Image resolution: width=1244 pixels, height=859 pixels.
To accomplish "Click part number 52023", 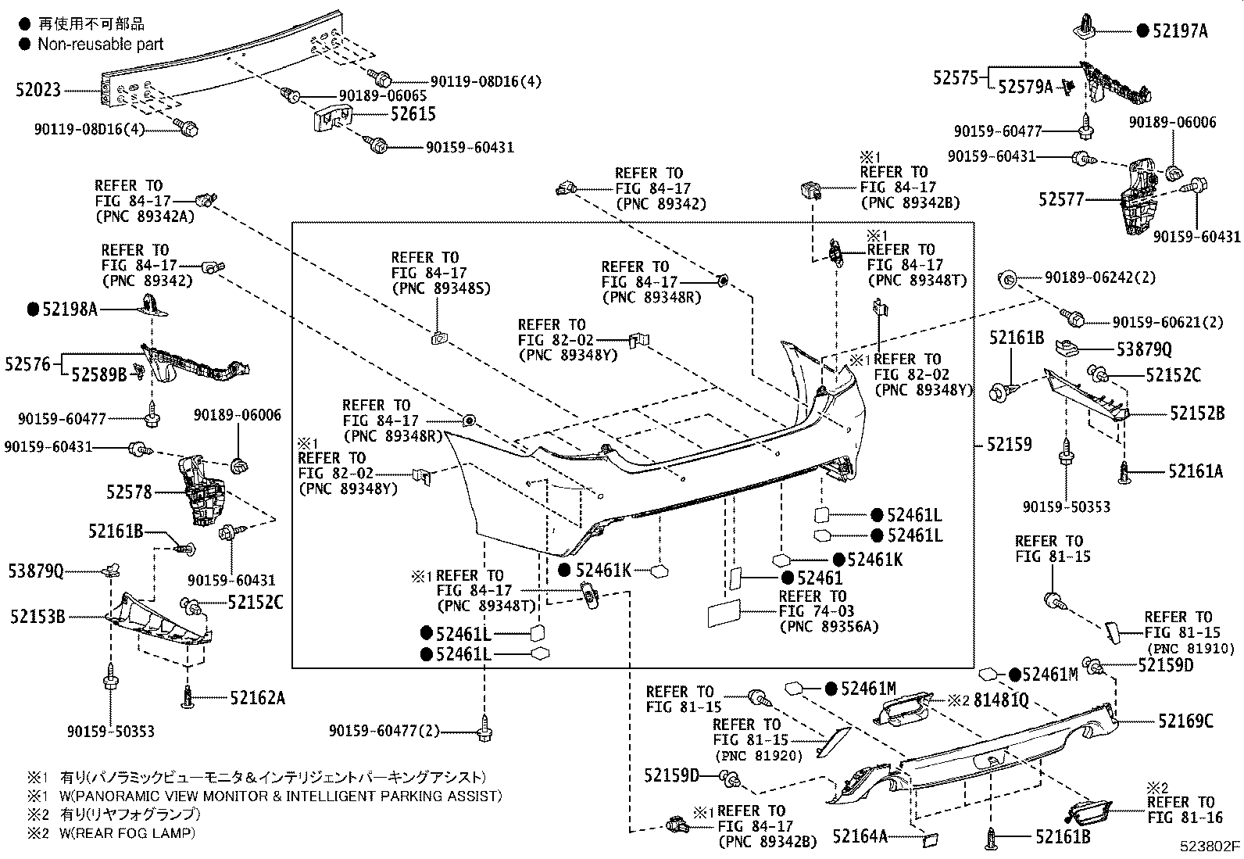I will [x=38, y=91].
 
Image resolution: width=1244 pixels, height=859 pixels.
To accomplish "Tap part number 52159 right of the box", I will [x=1009, y=445].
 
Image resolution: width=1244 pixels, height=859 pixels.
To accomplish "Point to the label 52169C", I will [x=1185, y=721].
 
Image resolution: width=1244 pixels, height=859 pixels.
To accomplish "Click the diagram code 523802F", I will [x=1210, y=846].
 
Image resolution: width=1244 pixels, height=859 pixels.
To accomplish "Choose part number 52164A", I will [x=860, y=836].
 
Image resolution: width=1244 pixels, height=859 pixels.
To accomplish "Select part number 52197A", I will [x=1179, y=31].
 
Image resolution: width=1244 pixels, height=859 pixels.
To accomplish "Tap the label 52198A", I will [x=69, y=310].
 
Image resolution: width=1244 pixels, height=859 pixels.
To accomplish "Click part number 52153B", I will [x=38, y=617].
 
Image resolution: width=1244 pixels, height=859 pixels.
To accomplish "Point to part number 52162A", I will [x=257, y=698].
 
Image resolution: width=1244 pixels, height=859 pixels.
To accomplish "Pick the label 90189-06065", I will [x=382, y=95].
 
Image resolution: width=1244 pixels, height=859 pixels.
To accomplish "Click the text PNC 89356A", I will [x=828, y=626].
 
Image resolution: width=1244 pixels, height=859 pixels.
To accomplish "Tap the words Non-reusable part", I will [x=100, y=45].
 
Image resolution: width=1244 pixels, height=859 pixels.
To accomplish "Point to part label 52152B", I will [x=1196, y=413].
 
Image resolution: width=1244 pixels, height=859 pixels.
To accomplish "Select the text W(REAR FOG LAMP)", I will [x=127, y=833].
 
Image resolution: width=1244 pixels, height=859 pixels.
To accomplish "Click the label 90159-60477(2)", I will [x=384, y=732].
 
